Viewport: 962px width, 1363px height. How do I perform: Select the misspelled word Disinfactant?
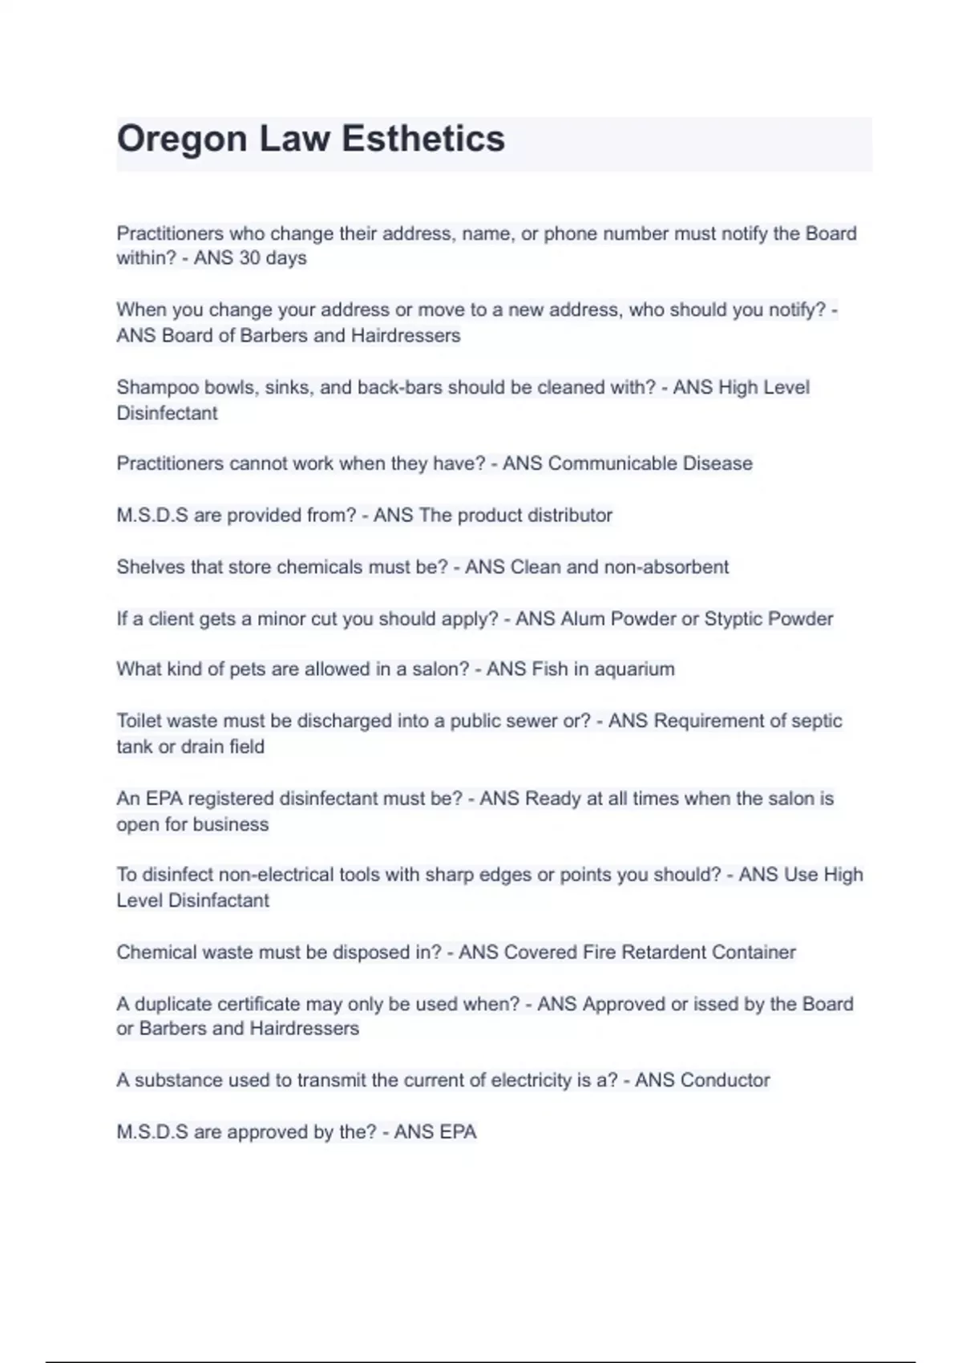(x=218, y=900)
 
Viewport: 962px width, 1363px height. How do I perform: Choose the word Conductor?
(x=725, y=1081)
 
